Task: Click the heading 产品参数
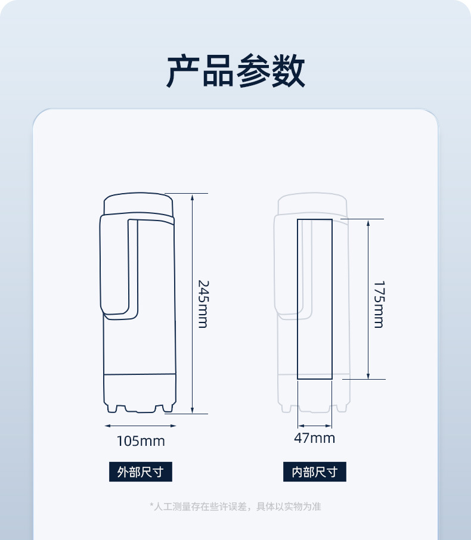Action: [x=235, y=72]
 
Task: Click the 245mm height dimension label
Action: [x=203, y=303]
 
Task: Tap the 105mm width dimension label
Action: [x=140, y=442]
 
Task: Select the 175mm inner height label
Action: [x=379, y=304]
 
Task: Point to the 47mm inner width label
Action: [x=314, y=439]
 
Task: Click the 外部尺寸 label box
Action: [x=140, y=472]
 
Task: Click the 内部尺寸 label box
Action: [x=314, y=472]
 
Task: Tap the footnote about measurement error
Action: [x=235, y=507]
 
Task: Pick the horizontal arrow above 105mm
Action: [x=140, y=426]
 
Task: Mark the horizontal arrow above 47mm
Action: [x=314, y=426]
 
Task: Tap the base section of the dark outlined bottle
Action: [x=140, y=389]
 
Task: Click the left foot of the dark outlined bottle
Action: [x=114, y=408]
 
